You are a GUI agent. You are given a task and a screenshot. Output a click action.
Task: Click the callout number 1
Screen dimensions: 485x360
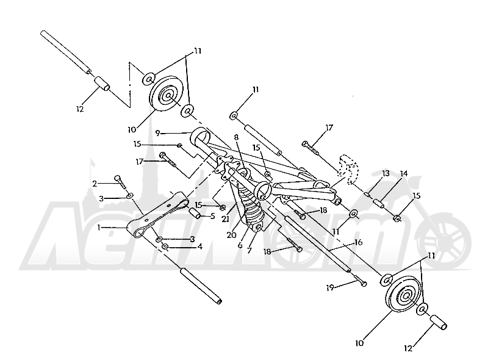[99, 228]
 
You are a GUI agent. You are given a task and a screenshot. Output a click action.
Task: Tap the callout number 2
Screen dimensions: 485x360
[95, 184]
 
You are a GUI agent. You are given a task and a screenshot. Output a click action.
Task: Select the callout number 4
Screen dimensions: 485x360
[200, 247]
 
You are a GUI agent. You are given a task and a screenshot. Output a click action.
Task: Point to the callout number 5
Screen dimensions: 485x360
[212, 215]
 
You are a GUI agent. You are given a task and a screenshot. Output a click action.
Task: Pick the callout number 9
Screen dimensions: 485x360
[157, 133]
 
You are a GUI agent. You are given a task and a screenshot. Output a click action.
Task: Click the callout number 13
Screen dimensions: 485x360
[386, 173]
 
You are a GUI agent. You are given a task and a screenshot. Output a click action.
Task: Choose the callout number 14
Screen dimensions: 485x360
[404, 173]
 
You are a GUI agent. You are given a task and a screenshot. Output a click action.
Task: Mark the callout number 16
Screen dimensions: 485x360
[358, 242]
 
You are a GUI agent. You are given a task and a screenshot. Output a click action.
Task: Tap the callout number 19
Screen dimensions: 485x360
[330, 287]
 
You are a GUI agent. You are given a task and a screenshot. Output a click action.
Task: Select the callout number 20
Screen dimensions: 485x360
[231, 235]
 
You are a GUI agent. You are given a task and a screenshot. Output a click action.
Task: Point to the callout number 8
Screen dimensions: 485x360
[237, 137]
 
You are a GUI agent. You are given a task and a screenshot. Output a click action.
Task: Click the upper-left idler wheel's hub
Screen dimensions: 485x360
[168, 96]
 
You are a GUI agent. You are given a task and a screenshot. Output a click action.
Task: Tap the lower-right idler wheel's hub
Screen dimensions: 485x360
[405, 296]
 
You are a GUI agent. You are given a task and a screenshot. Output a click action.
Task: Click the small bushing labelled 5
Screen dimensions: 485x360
[195, 213]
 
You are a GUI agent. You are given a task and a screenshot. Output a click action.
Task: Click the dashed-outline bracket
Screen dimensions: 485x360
[348, 170]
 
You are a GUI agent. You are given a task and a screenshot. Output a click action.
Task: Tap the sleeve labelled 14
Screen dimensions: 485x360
[379, 204]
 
